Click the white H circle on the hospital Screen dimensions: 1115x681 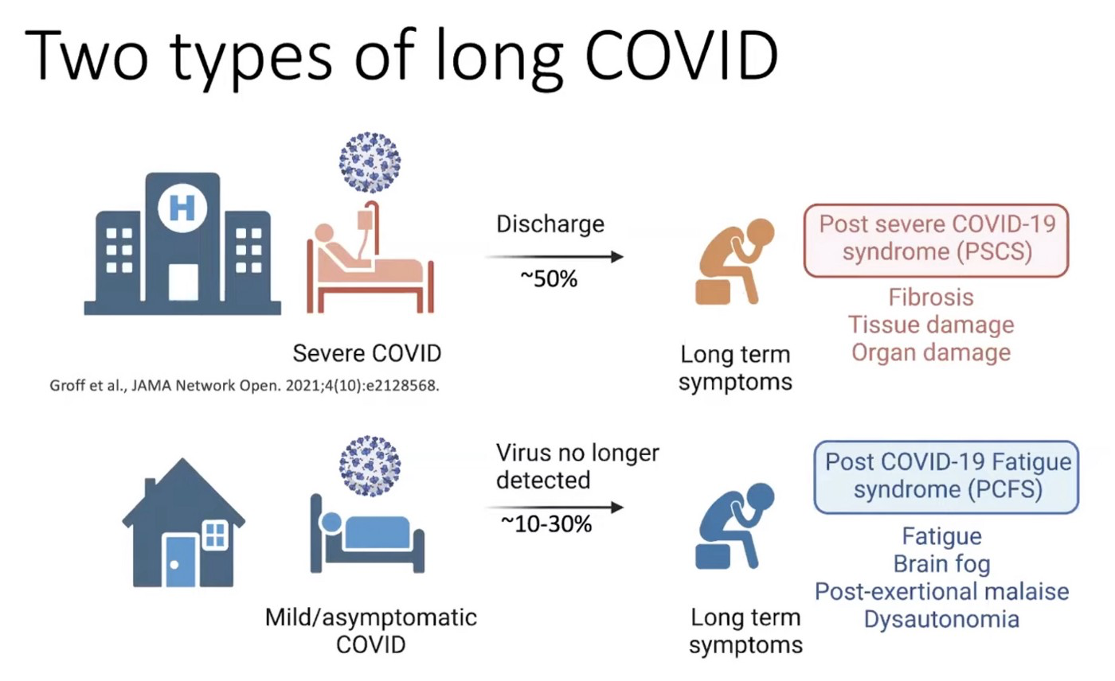point(182,208)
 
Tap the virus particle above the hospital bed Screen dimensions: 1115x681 point(370,162)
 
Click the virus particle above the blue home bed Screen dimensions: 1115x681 point(370,465)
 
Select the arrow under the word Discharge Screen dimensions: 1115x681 point(554,256)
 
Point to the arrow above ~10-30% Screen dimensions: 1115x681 point(554,507)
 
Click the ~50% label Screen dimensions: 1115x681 point(549,279)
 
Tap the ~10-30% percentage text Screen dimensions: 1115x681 point(546,524)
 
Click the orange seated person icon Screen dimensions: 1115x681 point(734,262)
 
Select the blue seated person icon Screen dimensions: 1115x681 point(734,526)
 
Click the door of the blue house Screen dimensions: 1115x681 point(180,561)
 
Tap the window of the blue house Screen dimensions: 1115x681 point(215,535)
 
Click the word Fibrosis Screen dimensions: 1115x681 point(931,298)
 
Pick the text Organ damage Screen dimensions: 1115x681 point(931,353)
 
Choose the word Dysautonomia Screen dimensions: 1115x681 point(941,620)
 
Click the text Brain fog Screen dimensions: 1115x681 point(941,564)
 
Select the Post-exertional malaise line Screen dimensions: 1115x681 point(941,592)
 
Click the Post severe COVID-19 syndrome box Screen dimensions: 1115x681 point(937,240)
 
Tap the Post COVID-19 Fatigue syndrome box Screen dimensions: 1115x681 point(946,477)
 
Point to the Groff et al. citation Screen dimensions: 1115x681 point(245,386)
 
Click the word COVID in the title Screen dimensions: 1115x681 point(682,55)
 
